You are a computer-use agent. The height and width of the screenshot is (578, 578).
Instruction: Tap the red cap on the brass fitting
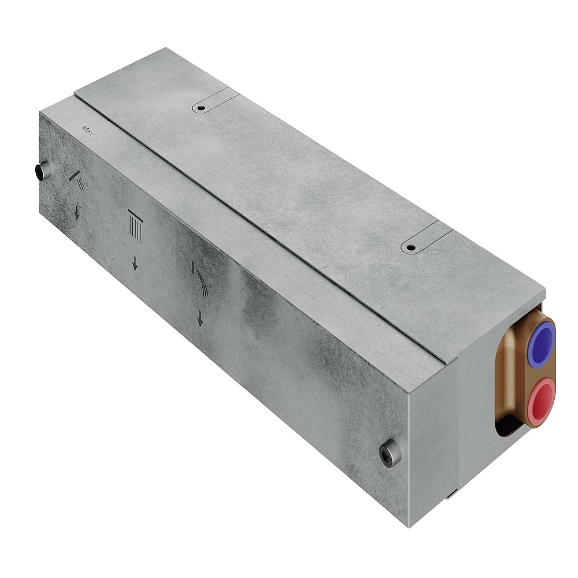tap(541, 398)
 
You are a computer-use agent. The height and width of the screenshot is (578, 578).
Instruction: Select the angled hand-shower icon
tap(77, 180)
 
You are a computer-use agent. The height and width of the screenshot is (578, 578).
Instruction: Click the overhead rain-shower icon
tap(135, 224)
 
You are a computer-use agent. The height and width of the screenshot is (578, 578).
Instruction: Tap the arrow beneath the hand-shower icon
tap(77, 212)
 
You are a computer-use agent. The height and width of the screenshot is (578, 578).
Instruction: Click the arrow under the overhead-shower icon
tap(135, 264)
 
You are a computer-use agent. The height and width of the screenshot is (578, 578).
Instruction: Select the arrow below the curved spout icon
tap(200, 318)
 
